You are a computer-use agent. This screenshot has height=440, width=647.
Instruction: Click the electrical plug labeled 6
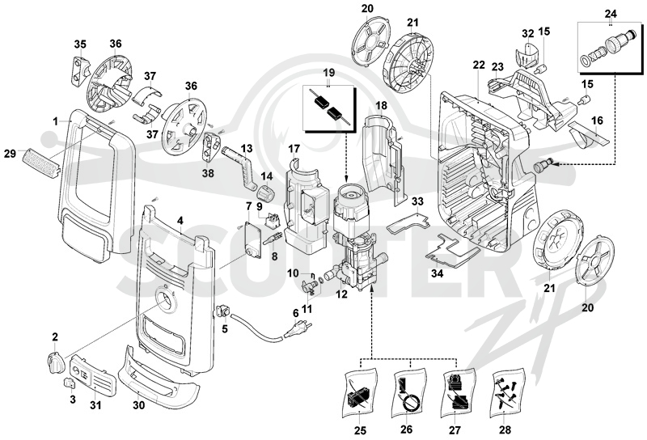(295, 331)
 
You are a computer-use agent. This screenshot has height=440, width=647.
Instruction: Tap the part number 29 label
(11, 154)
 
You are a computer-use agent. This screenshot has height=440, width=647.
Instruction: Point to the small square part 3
(69, 383)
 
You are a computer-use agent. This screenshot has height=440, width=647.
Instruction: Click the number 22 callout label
(479, 65)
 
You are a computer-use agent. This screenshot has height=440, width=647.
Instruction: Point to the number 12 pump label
(342, 294)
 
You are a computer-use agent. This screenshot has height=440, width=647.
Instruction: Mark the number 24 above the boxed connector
(611, 14)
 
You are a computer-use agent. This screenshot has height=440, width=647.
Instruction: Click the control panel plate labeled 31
(93, 374)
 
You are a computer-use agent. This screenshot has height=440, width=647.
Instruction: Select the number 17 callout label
(294, 148)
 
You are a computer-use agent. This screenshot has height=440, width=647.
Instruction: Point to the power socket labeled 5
(223, 311)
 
